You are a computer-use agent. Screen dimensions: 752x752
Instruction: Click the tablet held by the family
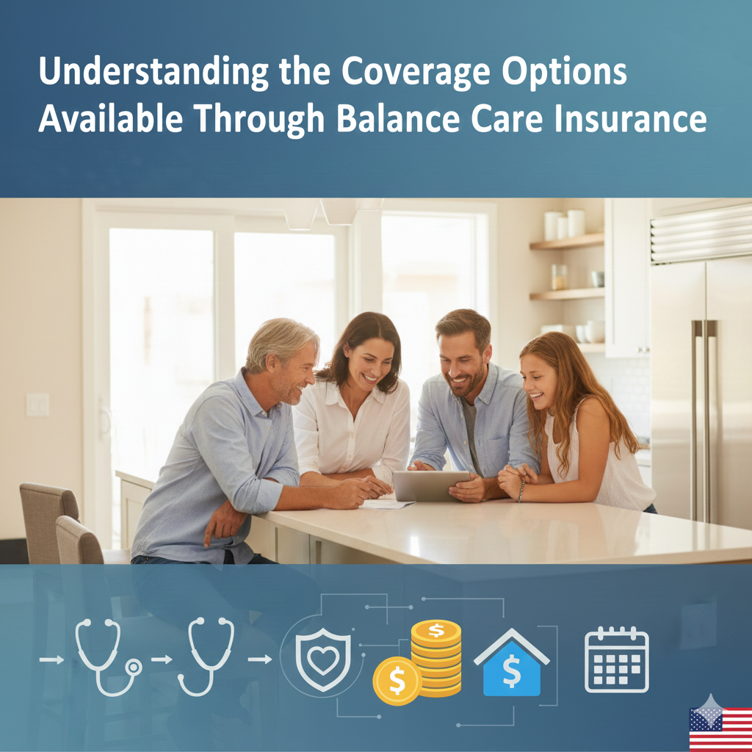click(x=430, y=486)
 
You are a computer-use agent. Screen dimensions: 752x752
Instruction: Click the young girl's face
click(x=540, y=382)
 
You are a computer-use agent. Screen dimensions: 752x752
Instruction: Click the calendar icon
click(x=616, y=659)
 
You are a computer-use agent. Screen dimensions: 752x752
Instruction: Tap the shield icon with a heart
click(x=323, y=660)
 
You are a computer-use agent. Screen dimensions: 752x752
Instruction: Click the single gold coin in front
click(x=397, y=681)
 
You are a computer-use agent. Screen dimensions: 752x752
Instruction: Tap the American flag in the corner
click(x=720, y=729)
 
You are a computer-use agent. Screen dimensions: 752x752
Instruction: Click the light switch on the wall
click(x=37, y=405)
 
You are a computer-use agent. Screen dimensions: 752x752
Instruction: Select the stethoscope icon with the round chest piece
click(x=109, y=657)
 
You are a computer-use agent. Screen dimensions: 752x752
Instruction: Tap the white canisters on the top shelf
click(x=565, y=224)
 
